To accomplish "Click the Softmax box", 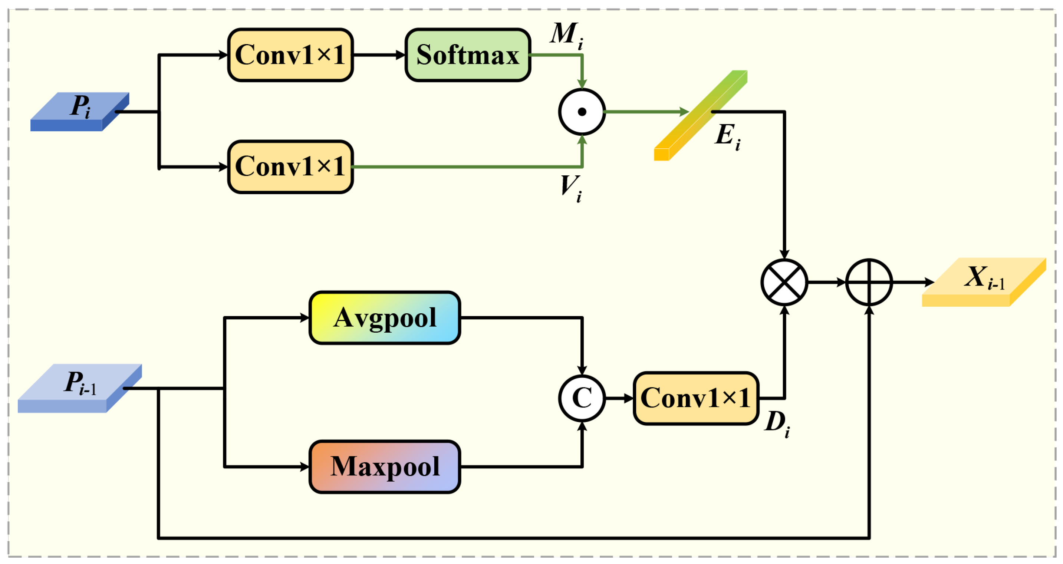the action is point(468,55).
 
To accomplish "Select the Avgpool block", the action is point(385,318).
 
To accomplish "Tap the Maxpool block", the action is point(385,466).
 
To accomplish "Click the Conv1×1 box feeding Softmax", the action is point(290,55).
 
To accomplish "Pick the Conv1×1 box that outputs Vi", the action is point(290,167).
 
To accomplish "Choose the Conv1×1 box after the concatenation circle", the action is point(696,398).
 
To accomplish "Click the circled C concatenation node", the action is point(582,398).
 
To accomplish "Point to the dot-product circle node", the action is point(582,112).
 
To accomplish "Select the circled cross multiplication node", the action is point(784,282).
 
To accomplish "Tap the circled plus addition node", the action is point(869,282).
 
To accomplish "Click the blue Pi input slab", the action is point(80,112).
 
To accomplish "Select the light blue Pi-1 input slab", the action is point(80,388).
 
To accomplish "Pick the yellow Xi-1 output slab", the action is point(984,282).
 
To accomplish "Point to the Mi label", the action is point(567,36).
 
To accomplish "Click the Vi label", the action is point(572,188).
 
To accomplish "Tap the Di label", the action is point(777,424).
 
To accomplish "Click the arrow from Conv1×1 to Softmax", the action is point(379,55).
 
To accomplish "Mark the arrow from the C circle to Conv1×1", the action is point(619,398).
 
